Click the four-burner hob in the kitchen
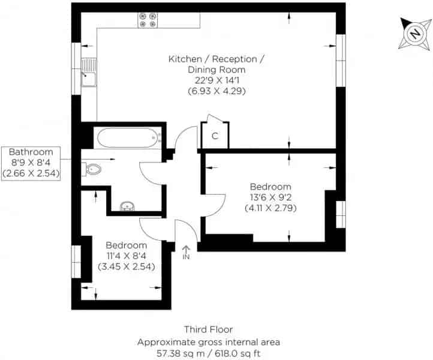(148, 20)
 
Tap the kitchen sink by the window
(89, 73)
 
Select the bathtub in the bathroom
(128, 137)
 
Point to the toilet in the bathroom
(91, 169)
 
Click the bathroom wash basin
(127, 206)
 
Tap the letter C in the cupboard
(215, 136)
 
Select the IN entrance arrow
(186, 253)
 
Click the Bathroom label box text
(31, 163)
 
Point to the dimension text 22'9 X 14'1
(217, 80)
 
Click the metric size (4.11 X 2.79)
(270, 208)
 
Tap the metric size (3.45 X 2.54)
(126, 266)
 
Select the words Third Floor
(209, 329)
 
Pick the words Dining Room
(217, 70)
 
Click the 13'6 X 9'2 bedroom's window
(341, 214)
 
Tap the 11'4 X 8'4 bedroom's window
(76, 262)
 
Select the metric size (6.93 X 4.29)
(217, 91)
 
